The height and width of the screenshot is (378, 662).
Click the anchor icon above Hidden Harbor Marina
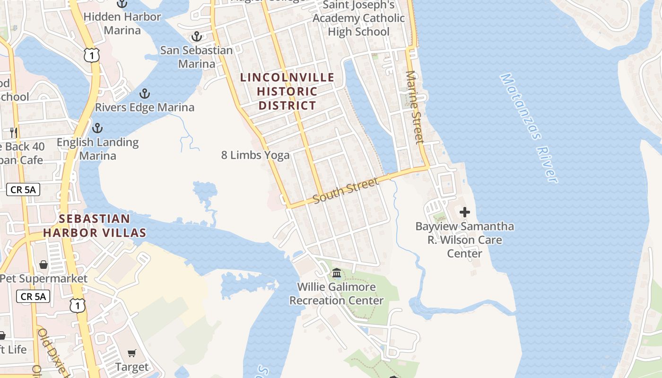coord(122,3)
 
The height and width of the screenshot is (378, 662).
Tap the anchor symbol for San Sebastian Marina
coord(196,36)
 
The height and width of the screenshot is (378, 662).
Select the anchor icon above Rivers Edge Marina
coord(145,94)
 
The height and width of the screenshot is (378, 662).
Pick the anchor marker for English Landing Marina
coord(97,128)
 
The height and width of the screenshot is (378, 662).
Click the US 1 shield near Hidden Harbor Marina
coord(92,55)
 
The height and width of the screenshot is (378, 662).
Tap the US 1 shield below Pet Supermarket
coord(78,305)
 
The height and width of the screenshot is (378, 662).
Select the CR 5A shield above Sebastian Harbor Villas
coord(23,190)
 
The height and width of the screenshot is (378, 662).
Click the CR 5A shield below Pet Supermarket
coord(33,296)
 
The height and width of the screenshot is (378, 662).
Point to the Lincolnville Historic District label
coord(287,91)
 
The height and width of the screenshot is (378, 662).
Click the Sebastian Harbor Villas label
coord(95,225)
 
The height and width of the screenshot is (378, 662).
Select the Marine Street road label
coord(414,107)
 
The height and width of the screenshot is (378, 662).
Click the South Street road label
coord(346,190)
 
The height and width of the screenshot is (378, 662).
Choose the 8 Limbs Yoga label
coord(255,155)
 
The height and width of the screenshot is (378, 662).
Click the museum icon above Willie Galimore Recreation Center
coord(337,273)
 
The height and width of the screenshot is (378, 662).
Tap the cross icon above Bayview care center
coord(465,212)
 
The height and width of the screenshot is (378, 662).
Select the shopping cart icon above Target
coord(132,352)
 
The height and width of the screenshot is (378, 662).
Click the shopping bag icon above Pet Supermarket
coord(44,264)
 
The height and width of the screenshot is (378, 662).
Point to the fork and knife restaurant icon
coord(14,132)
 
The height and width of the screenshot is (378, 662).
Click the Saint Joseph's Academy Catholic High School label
coord(359,18)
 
